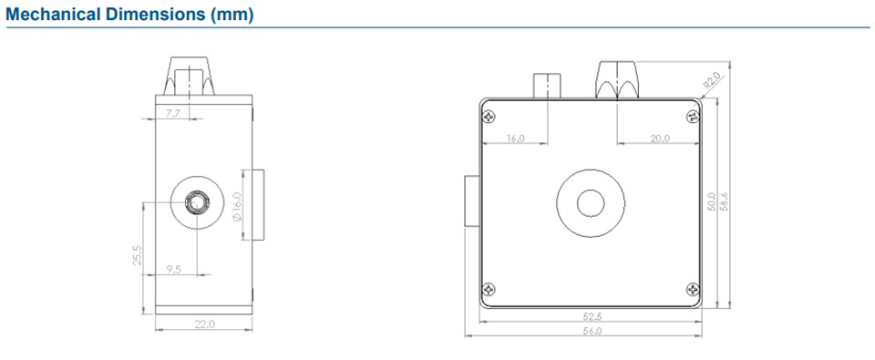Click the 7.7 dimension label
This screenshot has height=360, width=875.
click(x=173, y=114)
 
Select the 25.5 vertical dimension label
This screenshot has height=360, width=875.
click(x=138, y=254)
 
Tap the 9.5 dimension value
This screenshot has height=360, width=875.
click(x=173, y=269)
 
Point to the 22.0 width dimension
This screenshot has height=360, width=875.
click(x=203, y=324)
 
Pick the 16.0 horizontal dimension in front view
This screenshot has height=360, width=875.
click(x=515, y=139)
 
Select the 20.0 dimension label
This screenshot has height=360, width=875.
click(x=660, y=139)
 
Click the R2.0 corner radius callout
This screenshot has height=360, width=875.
click(x=712, y=81)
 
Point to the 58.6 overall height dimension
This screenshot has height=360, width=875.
click(x=724, y=201)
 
